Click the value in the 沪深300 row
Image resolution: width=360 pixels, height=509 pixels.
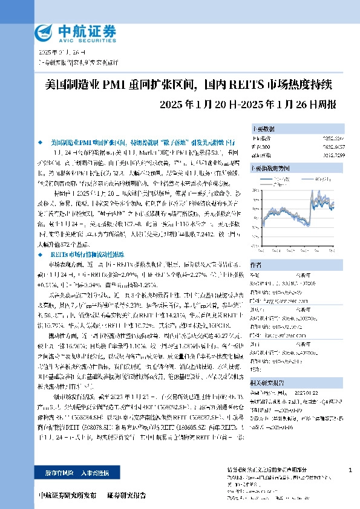pos(335,146)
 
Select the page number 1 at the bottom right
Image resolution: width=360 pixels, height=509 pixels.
pos(350,470)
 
